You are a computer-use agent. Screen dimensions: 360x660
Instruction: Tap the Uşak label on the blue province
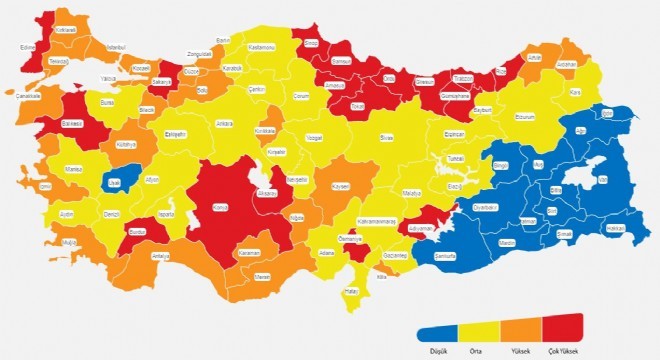tap(114, 181)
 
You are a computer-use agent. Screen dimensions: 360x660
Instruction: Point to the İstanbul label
tap(115, 47)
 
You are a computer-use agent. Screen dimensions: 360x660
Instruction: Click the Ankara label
tap(224, 124)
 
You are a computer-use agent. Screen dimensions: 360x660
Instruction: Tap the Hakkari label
tap(616, 228)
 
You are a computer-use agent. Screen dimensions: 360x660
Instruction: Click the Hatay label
tap(350, 290)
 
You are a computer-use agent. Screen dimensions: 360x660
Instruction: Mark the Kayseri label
tap(340, 187)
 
